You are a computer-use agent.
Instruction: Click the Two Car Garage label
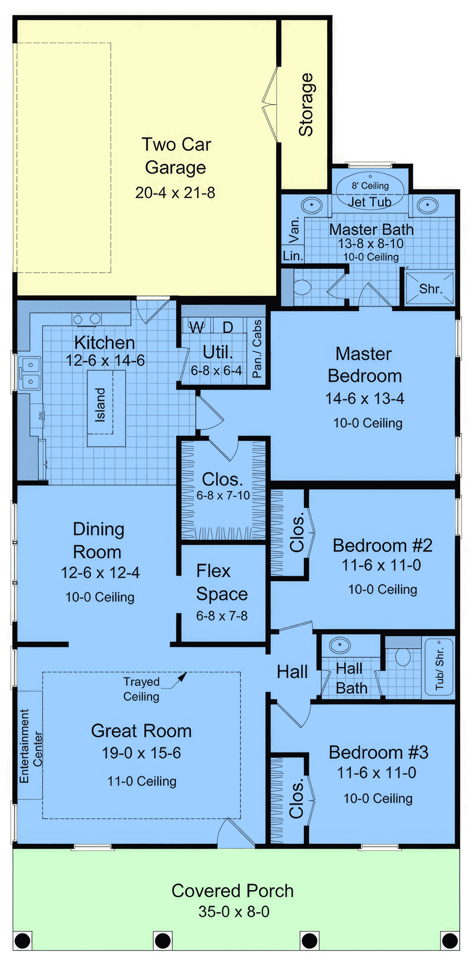176,156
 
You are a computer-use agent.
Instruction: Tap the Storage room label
306,105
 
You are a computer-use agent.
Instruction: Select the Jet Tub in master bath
370,191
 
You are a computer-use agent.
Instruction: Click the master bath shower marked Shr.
430,289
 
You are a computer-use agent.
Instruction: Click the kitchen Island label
100,405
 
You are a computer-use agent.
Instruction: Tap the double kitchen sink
30,373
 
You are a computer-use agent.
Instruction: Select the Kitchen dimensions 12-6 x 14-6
105,360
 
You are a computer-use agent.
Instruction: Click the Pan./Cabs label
257,349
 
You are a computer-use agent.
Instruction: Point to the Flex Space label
222,583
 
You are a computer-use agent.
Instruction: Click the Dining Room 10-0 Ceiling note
100,597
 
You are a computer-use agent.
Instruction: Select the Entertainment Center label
31,746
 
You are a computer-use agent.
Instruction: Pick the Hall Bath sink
340,645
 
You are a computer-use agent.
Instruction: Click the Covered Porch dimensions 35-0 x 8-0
234,912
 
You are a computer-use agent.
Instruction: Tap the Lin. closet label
293,256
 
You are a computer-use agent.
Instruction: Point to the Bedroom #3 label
378,752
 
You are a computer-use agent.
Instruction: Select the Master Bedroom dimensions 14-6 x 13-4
365,399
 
